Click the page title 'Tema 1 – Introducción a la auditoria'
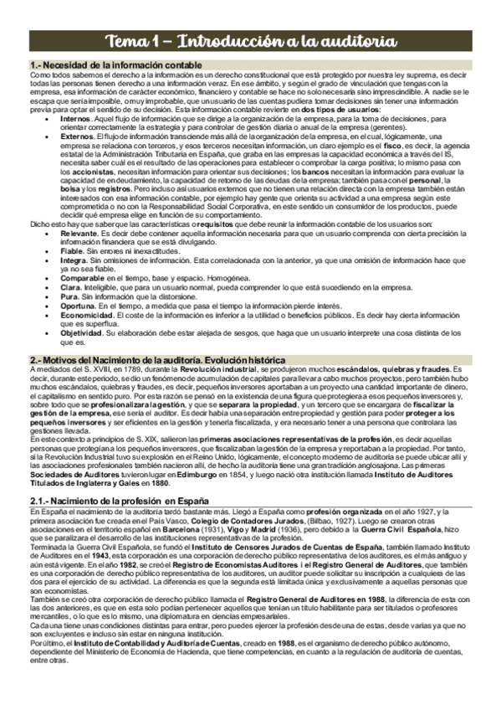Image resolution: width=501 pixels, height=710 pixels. click(250, 41)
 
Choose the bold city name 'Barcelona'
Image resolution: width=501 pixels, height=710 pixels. click(235, 532)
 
